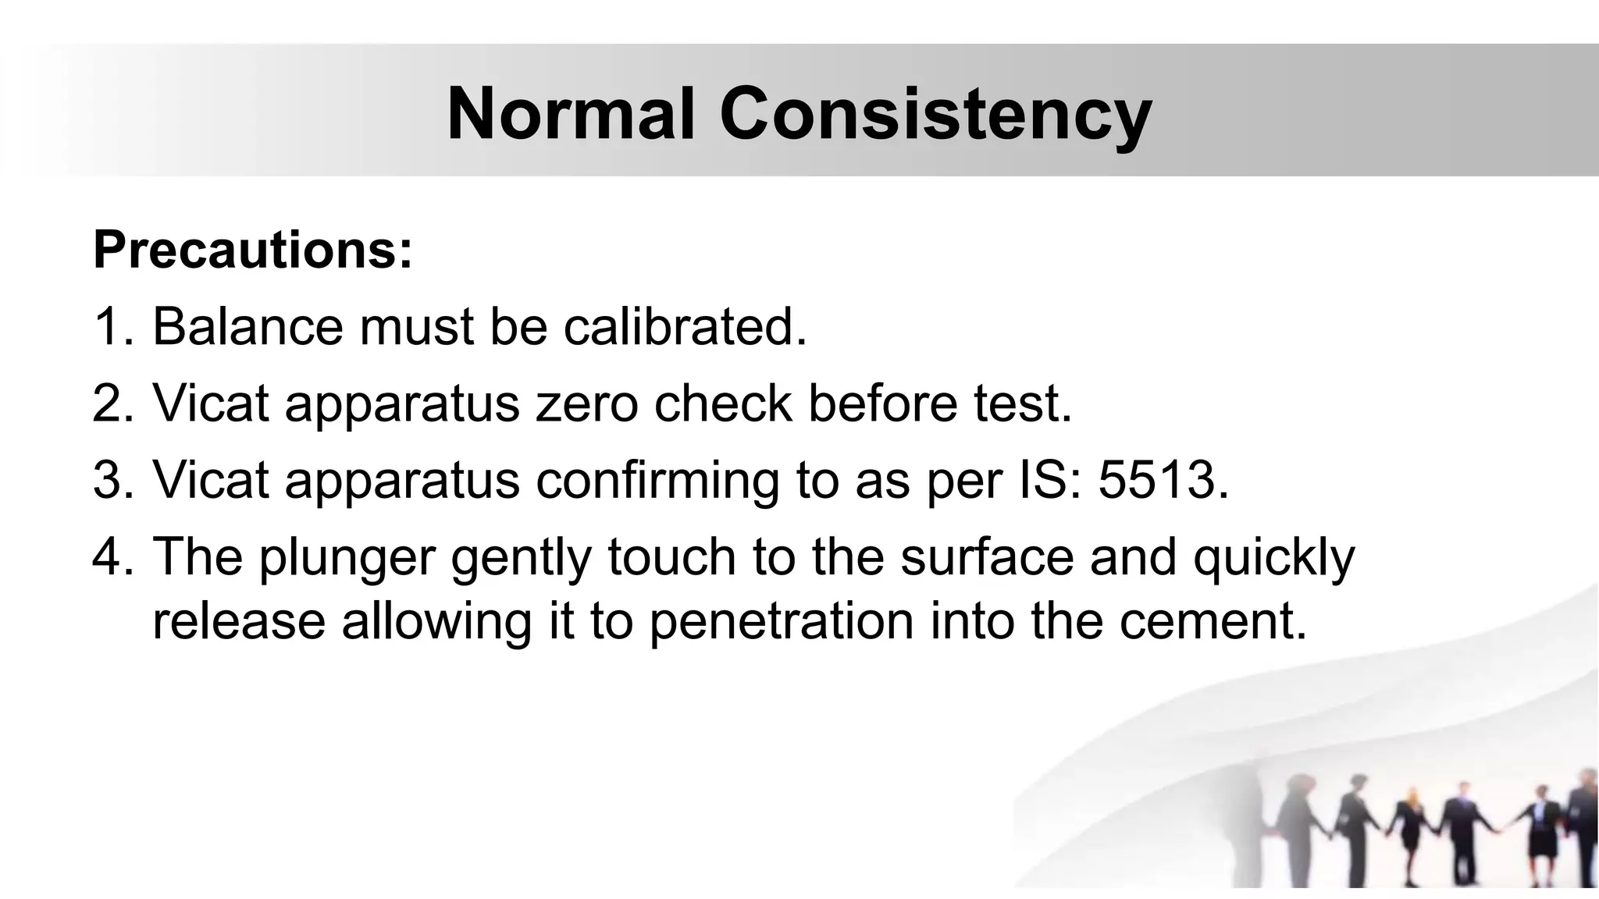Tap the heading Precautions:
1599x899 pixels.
tap(252, 250)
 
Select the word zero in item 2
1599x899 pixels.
tap(586, 403)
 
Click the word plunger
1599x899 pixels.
tap(346, 557)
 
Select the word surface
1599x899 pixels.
tap(987, 556)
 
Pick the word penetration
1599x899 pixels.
tap(781, 621)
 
